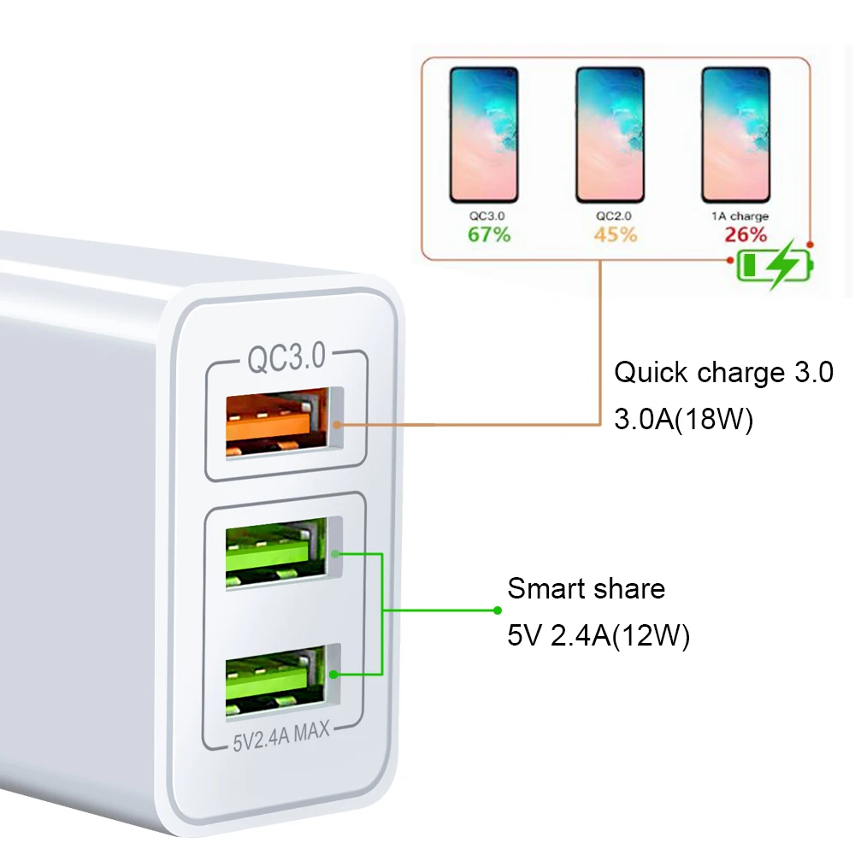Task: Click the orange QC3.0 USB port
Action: point(275,421)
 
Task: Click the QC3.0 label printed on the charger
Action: point(286,358)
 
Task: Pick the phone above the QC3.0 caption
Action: point(484,135)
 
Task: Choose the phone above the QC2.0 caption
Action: point(610,135)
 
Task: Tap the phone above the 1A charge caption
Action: point(736,135)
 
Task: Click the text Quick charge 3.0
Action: point(723,373)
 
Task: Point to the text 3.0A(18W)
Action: point(683,421)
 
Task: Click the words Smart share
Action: point(586,589)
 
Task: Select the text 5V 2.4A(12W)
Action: point(598,636)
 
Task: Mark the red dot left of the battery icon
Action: point(728,260)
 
